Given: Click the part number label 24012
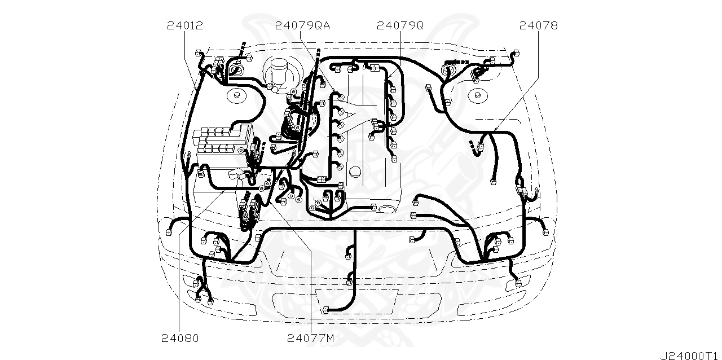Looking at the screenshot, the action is click(x=185, y=26).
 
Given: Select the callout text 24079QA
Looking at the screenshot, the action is click(x=302, y=26).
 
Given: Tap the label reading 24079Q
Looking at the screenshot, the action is click(x=400, y=26).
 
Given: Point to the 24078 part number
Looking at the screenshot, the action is click(x=538, y=26).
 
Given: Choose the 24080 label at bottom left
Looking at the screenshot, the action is click(x=180, y=338).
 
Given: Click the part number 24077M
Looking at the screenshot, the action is click(x=310, y=338).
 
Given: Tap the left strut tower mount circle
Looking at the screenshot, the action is click(x=237, y=95).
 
